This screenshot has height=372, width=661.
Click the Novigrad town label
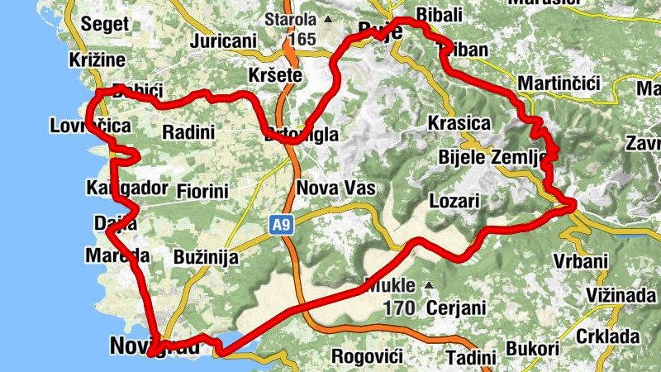[x=155, y=347]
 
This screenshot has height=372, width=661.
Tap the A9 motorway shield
[x=280, y=224]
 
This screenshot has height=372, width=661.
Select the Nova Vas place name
[x=335, y=188]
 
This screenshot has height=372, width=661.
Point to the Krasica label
[x=459, y=124]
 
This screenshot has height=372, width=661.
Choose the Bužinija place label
[x=206, y=257]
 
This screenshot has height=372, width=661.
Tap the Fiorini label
[x=202, y=192]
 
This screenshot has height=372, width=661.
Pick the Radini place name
[x=188, y=131]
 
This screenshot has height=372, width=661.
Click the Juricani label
[x=222, y=41]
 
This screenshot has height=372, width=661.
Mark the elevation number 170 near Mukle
[x=401, y=308]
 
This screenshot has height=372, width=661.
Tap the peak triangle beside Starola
[x=329, y=18]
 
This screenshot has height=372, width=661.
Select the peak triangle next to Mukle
[x=428, y=286]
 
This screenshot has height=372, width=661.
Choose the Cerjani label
[x=454, y=308]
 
